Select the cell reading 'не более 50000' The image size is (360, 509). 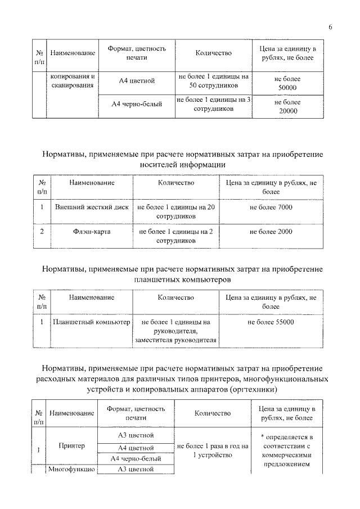(x=287, y=84)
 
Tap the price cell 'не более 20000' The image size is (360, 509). (x=287, y=107)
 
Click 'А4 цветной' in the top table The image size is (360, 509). (x=137, y=81)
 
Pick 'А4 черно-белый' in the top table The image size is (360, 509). (x=137, y=104)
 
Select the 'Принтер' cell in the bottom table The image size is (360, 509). (x=71, y=445)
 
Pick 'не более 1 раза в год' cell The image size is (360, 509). (x=212, y=450)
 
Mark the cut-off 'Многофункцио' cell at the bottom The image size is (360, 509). (x=71, y=469)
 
